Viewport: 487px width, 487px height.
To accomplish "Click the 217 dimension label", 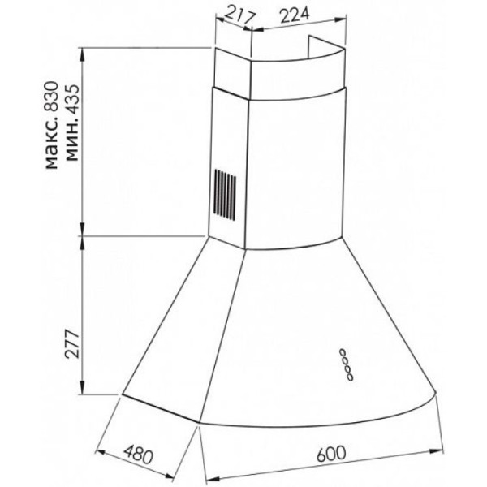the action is pyautogui.click(x=239, y=16).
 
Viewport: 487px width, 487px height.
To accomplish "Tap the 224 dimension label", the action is pyautogui.click(x=295, y=15).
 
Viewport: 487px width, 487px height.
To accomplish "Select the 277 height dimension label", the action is pyautogui.click(x=71, y=344).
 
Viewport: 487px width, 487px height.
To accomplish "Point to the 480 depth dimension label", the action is pyautogui.click(x=138, y=455).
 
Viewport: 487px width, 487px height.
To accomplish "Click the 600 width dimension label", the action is pyautogui.click(x=331, y=454).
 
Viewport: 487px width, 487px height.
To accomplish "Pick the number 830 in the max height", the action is pyautogui.click(x=50, y=97).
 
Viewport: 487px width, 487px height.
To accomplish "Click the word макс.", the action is pyautogui.click(x=52, y=143).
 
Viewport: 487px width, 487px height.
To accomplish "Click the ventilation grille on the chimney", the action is pyautogui.click(x=224, y=195).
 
